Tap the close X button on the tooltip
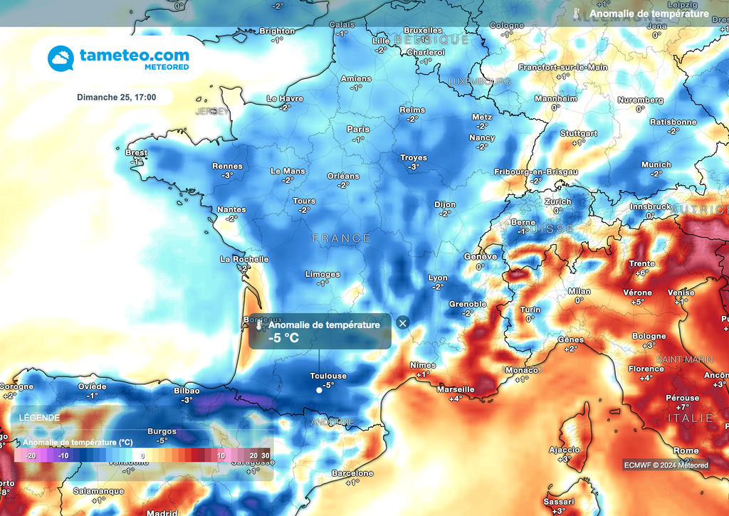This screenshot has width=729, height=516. pos(403,323)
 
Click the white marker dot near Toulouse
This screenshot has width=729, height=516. pos(319,390)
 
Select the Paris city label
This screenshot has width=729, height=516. pos(357,130)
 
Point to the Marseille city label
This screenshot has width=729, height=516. pos(456,389)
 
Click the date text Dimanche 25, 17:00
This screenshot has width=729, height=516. pos(117,98)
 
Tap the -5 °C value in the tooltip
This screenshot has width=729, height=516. pos(283,338)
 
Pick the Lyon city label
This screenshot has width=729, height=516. pos(438,278)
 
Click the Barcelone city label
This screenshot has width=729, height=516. pos(352,473)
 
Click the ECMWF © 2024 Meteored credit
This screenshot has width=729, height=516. pos(666,465)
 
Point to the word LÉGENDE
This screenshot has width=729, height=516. pos(39,418)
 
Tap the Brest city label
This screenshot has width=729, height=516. pos(136,153)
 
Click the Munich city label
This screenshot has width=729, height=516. pos(656,164)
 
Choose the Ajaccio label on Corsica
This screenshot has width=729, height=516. pos(564,450)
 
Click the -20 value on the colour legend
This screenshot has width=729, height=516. pos(31,456)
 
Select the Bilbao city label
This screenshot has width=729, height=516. pos(187,391)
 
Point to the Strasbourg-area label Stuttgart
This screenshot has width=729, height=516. pos(578,134)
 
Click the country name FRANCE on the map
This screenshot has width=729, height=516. pos(341,238)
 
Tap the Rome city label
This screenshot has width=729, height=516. pos(686,451)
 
